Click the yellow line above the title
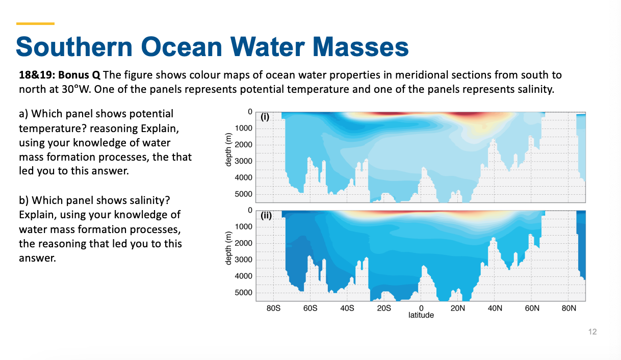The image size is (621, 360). tap(35, 23)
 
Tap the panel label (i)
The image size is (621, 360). tap(265, 116)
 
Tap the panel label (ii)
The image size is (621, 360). tap(266, 215)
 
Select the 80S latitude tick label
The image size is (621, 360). tap(273, 308)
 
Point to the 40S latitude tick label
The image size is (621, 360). tap(347, 308)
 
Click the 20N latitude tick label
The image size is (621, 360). tap(457, 308)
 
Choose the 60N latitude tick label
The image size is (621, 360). tap(531, 308)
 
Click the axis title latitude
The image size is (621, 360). tap(421, 316)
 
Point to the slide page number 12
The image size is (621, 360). tap(592, 332)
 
